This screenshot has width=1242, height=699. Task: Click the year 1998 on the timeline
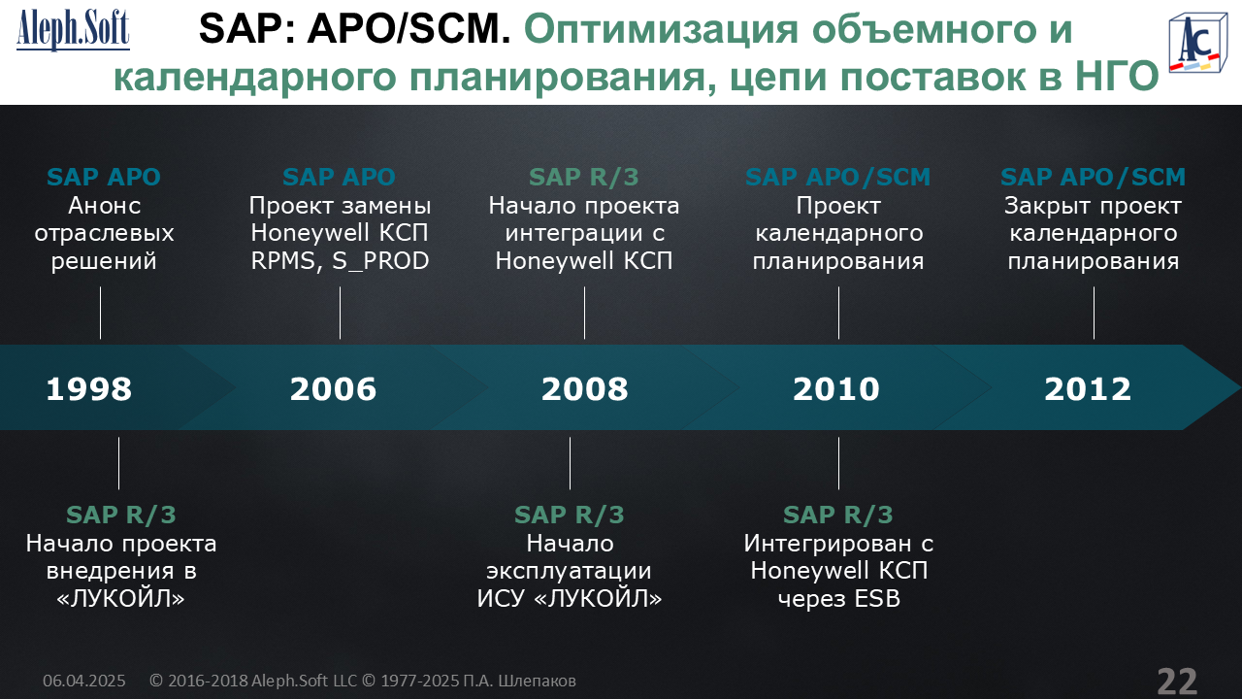click(88, 389)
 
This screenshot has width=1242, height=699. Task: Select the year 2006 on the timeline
click(333, 389)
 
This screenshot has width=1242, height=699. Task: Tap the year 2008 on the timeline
click(585, 389)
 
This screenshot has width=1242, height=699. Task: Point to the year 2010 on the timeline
click(836, 389)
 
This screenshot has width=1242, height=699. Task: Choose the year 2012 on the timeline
click(1088, 389)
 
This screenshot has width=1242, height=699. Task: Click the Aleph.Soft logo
click(73, 30)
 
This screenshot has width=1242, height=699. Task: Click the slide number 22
click(1177, 681)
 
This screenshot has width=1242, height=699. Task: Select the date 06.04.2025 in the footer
click(84, 681)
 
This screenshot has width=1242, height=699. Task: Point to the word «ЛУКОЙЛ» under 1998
click(121, 599)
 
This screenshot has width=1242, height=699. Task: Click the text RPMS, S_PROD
click(340, 261)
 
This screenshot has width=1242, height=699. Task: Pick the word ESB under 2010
click(877, 599)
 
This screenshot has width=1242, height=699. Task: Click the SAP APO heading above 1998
click(104, 177)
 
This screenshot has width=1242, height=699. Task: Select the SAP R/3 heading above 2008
click(584, 177)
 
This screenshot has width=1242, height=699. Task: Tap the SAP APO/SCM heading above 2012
click(1093, 177)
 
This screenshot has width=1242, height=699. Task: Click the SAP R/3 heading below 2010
click(838, 515)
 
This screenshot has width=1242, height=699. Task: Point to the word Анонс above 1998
click(104, 206)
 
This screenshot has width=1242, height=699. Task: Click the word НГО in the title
click(1117, 76)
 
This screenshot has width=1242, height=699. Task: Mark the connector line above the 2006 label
click(340, 313)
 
